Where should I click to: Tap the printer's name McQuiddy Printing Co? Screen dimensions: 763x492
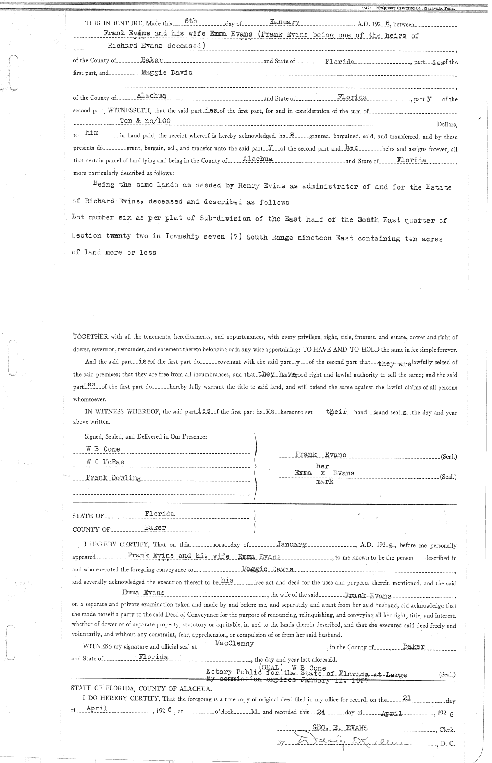coord(414,8)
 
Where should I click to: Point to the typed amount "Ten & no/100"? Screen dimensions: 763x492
coord(145,121)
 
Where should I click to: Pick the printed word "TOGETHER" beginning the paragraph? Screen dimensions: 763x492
coord(91,337)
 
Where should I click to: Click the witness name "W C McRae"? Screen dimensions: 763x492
coord(105,462)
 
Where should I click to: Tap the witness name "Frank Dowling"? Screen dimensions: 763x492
coord(113,478)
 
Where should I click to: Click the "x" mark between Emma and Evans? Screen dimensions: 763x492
coord(323,473)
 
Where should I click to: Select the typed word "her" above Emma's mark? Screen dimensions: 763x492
coord(323,466)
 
